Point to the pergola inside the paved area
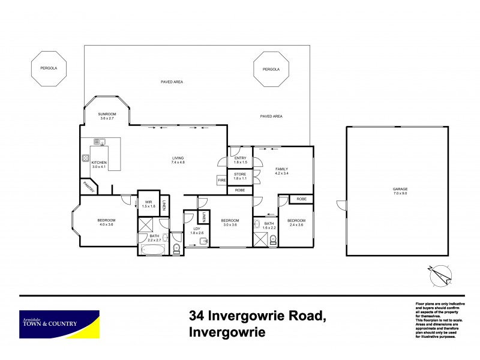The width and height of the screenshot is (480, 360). click(271, 69)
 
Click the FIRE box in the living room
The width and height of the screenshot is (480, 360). click(221, 180)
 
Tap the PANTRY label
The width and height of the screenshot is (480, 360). click(89, 187)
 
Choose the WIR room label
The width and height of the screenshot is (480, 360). click(149, 202)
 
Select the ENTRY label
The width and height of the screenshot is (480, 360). click(241, 158)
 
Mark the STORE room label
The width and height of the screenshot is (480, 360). click(241, 174)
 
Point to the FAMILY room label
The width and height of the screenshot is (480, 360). click(282, 169)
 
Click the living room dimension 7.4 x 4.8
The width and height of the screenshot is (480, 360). click(178, 163)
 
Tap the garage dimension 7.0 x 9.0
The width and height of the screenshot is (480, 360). click(396, 194)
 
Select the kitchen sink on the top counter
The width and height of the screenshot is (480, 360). click(100, 142)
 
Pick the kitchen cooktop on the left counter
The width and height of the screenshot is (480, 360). click(86, 160)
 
